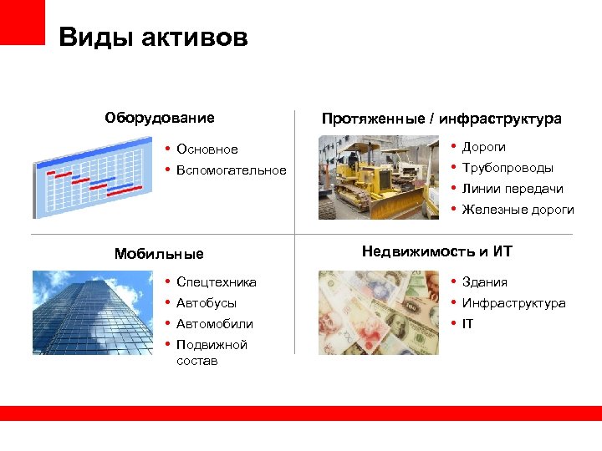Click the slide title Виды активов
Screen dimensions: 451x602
coord(153,38)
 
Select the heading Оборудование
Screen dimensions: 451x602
coord(159,118)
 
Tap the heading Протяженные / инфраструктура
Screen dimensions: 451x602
coord(441,119)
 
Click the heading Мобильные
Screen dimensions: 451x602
coord(159,254)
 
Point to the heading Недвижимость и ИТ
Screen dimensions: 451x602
coord(436,251)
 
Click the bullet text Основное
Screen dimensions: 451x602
coord(207,149)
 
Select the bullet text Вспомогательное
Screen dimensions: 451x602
coord(231,170)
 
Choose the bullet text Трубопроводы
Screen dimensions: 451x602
coord(508,168)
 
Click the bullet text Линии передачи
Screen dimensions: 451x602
coord(513,189)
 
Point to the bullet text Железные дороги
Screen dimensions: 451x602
coord(518,210)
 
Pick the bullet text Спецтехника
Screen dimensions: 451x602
coord(217,282)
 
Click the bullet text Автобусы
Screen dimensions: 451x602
coord(207,303)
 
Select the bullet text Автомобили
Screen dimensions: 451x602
coord(215,324)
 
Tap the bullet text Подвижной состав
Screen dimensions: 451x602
coord(212,352)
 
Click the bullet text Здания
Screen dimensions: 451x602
coord(484,282)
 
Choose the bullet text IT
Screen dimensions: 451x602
coord(467,324)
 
